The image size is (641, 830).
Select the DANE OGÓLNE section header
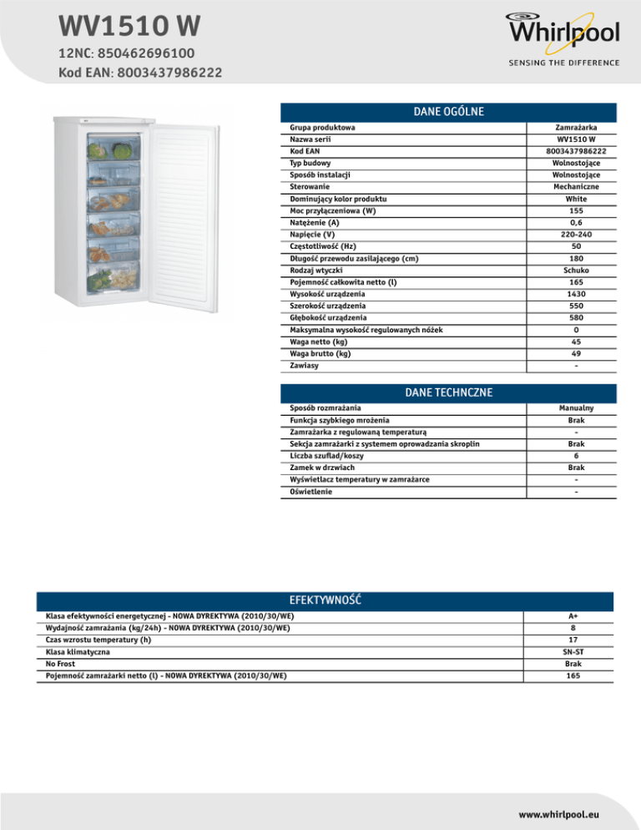point(449,111)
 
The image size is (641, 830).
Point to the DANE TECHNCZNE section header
point(448,392)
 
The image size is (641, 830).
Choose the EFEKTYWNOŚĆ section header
point(324,600)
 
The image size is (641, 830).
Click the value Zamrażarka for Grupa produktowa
point(577,127)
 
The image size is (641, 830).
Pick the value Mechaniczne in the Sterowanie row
point(577,187)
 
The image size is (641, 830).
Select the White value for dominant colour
point(577,200)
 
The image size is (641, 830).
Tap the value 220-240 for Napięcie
point(577,235)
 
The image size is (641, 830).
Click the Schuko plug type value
point(577,271)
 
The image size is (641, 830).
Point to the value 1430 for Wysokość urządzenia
point(577,295)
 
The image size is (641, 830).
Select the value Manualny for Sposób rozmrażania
point(577,407)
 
